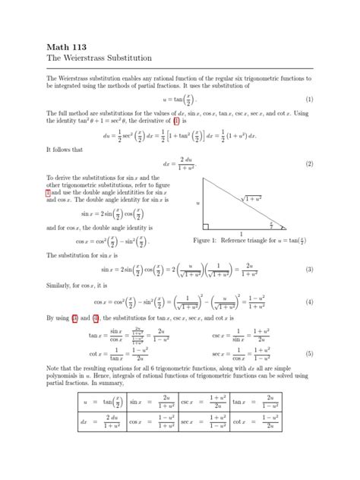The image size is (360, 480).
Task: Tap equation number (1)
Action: [x=309, y=99]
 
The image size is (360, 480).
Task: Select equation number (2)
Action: [x=309, y=163]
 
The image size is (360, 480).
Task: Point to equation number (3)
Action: [x=309, y=270]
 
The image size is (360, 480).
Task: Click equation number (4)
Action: [x=309, y=302]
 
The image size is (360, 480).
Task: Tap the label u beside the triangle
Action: [x=197, y=204]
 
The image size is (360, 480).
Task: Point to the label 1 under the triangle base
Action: [x=242, y=233]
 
